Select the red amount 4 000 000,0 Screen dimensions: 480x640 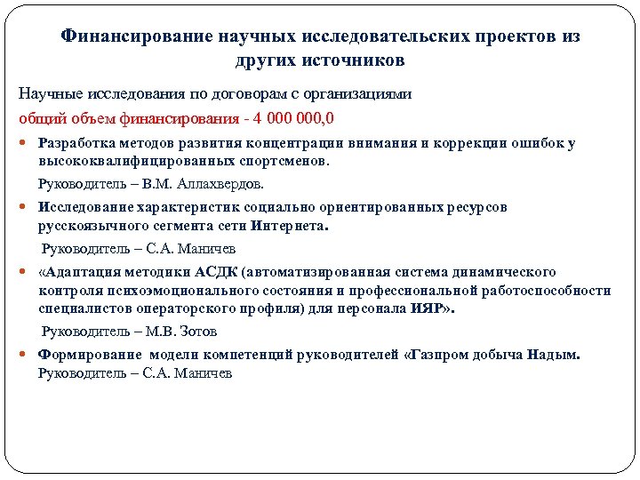coord(292,119)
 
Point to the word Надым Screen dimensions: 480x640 coord(554,354)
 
